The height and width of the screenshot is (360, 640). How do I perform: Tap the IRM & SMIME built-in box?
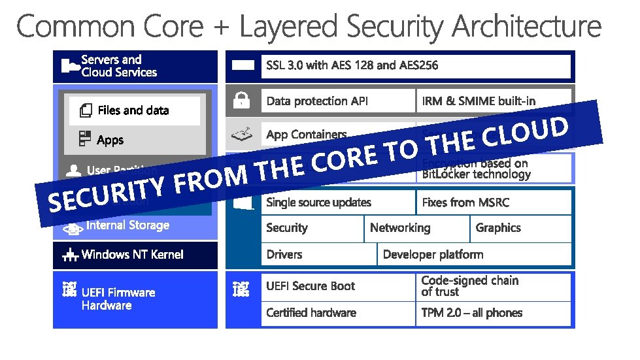[x=494, y=101]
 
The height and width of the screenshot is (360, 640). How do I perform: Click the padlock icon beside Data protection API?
[x=243, y=101]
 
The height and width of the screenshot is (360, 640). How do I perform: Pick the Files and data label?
[x=133, y=110]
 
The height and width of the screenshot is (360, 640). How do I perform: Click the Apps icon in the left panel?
[x=84, y=139]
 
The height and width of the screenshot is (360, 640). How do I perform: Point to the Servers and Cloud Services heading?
[x=119, y=66]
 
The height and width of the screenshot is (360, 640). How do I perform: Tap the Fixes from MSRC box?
[x=494, y=203]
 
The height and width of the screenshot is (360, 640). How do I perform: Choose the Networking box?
[x=416, y=228]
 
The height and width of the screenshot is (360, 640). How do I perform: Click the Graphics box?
[x=520, y=228]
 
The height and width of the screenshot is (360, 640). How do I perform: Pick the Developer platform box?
[x=474, y=254]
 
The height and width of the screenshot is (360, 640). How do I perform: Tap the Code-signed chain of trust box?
[x=494, y=286]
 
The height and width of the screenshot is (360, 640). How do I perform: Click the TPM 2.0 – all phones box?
[x=494, y=313]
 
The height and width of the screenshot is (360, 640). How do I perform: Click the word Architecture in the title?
[x=526, y=27]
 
